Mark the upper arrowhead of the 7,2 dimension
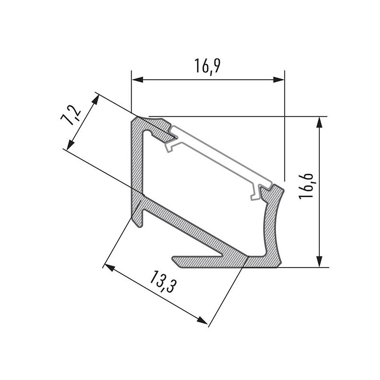[97, 99]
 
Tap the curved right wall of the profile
[273, 223]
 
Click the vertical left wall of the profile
[136, 161]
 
